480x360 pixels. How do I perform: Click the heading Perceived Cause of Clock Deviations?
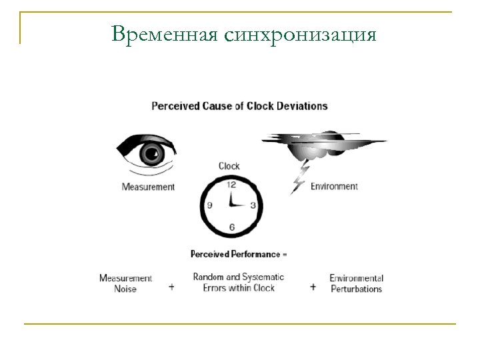pyautogui.click(x=239, y=105)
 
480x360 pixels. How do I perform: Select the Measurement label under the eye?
pyautogui.click(x=148, y=187)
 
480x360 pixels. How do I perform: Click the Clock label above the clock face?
pyautogui.click(x=229, y=166)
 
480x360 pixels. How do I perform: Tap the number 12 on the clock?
pyautogui.click(x=231, y=185)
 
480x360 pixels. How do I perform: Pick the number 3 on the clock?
pyautogui.click(x=253, y=205)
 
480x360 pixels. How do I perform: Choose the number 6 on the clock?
pyautogui.click(x=231, y=227)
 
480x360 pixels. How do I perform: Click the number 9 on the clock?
pyautogui.click(x=209, y=205)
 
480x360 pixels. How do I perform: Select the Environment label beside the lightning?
pyautogui.click(x=334, y=187)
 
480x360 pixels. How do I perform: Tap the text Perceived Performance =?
pyautogui.click(x=239, y=254)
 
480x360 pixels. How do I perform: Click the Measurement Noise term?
pyautogui.click(x=125, y=283)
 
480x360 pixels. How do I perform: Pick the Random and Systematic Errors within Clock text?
pyautogui.click(x=238, y=282)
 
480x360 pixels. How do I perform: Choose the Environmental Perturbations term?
pyautogui.click(x=356, y=283)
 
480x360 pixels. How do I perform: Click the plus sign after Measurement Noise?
pyautogui.click(x=171, y=287)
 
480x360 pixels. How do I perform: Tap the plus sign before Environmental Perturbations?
pyautogui.click(x=313, y=287)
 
